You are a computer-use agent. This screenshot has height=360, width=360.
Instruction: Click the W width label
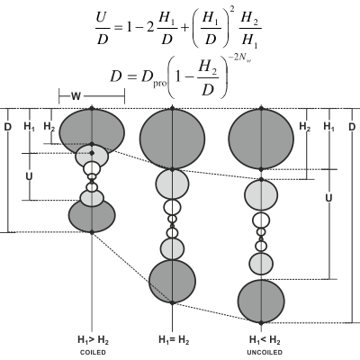pos(76,96)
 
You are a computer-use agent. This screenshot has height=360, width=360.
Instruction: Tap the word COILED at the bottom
pos(93,353)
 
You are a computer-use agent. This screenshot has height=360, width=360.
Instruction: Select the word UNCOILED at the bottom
pos(265,353)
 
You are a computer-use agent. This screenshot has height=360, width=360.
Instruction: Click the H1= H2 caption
pos(174,340)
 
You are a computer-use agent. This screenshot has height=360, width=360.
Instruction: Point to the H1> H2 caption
pos(93,340)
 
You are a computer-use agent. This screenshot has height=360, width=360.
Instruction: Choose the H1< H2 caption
pos(265,340)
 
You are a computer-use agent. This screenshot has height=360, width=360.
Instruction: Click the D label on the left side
pos(7,127)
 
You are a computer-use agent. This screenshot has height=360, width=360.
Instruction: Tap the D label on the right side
pos(352,127)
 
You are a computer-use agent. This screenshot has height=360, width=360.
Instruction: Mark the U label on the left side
pos(29,176)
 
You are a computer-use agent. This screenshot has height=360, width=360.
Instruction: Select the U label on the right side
pos(328,198)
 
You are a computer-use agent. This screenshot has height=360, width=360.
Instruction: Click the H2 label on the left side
pos(49,127)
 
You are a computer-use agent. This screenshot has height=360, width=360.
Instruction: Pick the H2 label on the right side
pos(305,127)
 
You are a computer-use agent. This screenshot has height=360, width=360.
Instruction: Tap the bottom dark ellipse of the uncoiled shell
pos(261,301)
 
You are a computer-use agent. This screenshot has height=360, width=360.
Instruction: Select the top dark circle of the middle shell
pos(172,139)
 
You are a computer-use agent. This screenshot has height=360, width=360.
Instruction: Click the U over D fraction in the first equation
pos(103,30)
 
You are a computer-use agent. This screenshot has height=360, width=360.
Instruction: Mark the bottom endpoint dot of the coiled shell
pos(92,232)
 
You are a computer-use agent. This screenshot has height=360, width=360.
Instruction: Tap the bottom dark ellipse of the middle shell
pos(172,282)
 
